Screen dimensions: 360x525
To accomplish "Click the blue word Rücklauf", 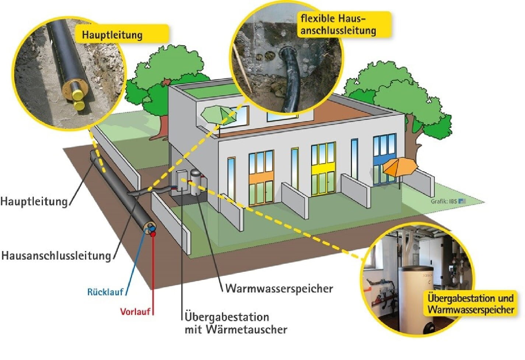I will point(105,292).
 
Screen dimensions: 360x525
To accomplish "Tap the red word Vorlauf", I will point(135,311).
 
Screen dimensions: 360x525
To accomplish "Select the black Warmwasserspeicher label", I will point(279,288).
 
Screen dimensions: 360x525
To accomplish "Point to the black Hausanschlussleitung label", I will point(56,255).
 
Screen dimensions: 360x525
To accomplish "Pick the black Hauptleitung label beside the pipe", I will point(34,202).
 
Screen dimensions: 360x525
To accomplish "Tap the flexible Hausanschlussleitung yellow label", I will point(338,24).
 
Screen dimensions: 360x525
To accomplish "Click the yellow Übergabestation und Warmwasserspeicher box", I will point(471,303).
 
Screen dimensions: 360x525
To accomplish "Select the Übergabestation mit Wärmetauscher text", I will point(235,323).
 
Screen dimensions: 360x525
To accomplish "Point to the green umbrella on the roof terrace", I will point(218,114).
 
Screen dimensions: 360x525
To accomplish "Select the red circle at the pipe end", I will point(153,234).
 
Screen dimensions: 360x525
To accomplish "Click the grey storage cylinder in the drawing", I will point(196,182).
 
